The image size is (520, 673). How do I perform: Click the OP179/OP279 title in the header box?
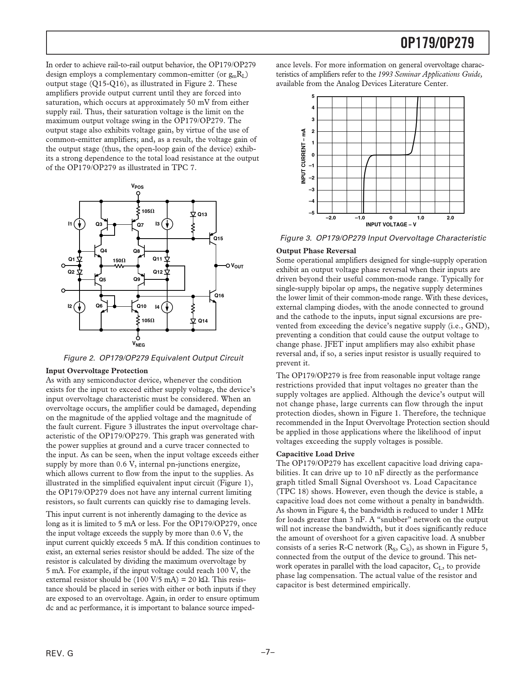tap(437, 43)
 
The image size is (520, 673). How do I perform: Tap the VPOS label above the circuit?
tap(137, 186)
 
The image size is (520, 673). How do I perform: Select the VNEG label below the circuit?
tap(138, 344)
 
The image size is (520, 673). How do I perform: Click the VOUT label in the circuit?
tap(237, 266)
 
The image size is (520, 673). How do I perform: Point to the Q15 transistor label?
tap(219, 238)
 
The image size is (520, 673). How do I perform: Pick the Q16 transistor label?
tap(219, 295)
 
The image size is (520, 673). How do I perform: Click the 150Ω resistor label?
tap(119, 260)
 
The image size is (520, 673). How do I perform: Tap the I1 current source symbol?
tap(80, 224)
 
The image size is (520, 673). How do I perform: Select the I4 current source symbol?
tap(167, 307)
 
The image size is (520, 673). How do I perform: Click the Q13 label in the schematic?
tap(202, 215)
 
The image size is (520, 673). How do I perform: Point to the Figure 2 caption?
tap(153, 358)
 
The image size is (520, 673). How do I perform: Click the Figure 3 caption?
tap(383, 238)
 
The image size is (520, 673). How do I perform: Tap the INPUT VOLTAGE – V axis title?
tap(391, 224)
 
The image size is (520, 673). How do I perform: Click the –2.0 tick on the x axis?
tap(330, 218)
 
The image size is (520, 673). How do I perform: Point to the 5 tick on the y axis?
tap(313, 96)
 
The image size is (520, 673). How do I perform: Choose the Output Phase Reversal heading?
tap(316, 251)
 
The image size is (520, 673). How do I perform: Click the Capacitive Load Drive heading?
tap(315, 454)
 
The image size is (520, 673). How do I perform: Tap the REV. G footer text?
tap(60, 653)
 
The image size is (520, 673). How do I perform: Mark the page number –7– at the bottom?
tap(267, 652)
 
